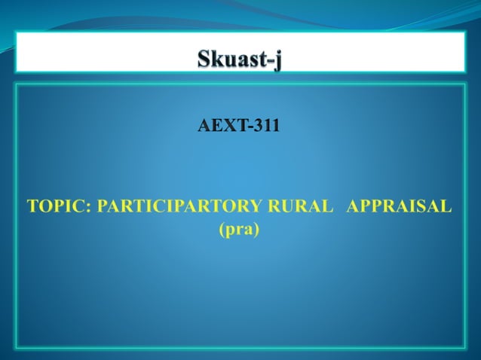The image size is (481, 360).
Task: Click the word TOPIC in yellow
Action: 57,206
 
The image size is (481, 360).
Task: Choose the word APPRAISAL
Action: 399,206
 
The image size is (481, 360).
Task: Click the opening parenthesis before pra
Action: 221,228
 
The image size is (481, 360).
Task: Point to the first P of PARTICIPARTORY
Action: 103,206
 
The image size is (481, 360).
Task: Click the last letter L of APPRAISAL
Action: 446,206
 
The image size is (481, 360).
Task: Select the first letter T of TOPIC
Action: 33,206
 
